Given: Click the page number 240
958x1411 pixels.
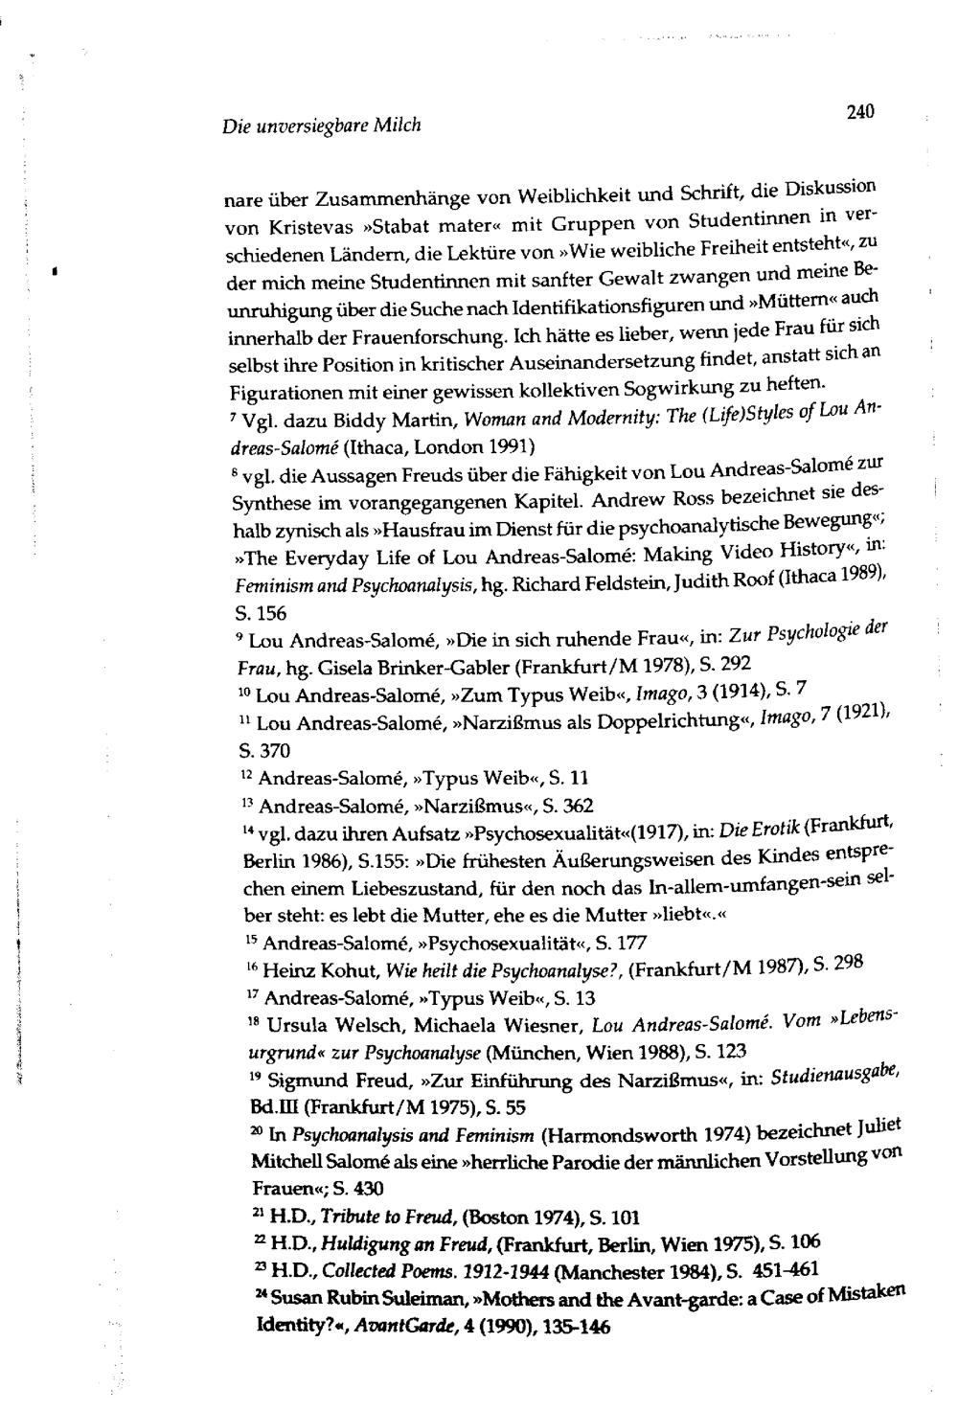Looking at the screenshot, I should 861,111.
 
